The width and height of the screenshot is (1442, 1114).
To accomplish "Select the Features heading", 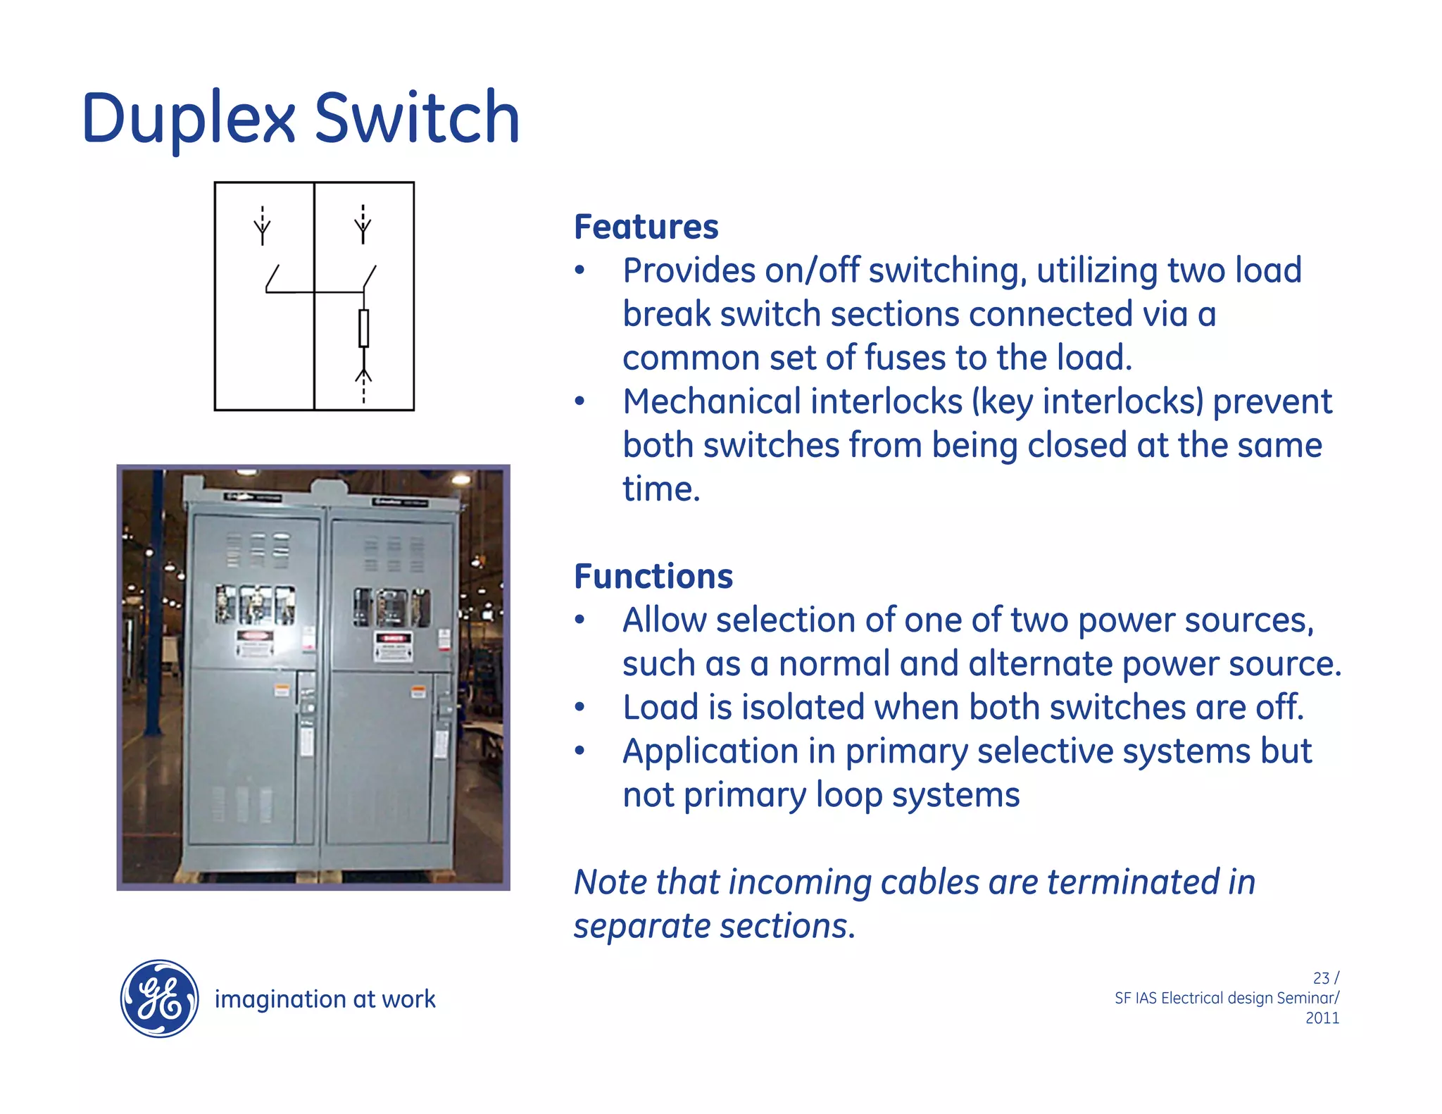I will point(646,227).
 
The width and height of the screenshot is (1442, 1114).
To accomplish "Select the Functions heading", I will point(653,576).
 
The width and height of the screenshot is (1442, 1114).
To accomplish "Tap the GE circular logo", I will point(159,999).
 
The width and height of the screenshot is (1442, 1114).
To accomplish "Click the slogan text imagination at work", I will point(325,999).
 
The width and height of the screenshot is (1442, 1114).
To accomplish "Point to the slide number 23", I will point(1321,978).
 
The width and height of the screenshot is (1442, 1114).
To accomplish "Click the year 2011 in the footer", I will point(1322,1018).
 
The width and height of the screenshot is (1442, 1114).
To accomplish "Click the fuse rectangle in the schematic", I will point(363,328).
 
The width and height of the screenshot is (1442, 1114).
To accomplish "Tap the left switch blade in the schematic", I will point(272,277).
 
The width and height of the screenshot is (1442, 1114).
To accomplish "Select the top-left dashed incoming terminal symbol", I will point(262,225).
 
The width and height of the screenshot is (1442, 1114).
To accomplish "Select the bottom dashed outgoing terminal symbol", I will point(363,384).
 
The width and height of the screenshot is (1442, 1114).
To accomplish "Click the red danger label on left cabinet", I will point(255,636).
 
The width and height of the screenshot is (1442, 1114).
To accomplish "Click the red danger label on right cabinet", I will point(394,639).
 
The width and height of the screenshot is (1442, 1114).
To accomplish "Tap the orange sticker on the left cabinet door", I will point(282,689).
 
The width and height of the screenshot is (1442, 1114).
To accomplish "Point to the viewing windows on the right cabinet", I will point(391,607).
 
